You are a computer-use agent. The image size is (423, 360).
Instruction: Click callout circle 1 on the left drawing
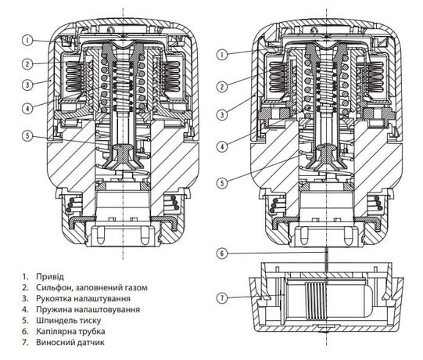click(x=27, y=39)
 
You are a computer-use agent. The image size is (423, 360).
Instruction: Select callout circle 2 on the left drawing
click(x=27, y=63)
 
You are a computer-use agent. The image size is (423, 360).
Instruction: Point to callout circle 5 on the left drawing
click(x=27, y=135)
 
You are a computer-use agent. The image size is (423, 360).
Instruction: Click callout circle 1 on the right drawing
click(x=224, y=54)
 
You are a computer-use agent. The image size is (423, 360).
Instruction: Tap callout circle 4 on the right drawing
click(x=224, y=146)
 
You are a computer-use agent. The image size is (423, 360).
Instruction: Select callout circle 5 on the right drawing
click(x=224, y=184)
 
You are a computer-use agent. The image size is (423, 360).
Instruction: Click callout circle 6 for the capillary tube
click(x=224, y=254)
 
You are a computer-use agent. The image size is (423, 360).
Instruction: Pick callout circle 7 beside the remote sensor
click(x=224, y=297)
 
